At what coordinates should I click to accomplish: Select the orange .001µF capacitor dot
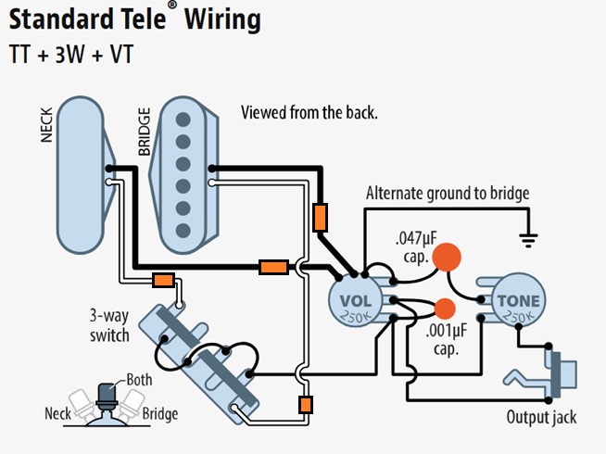pos(446,309)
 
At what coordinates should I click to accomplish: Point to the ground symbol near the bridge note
pos(529,239)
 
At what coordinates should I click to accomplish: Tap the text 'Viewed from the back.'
pos(309,113)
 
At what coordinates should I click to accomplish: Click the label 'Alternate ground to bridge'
pos(447,194)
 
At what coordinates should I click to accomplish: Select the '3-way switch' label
pos(110,323)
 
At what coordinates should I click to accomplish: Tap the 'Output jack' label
pos(541,417)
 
